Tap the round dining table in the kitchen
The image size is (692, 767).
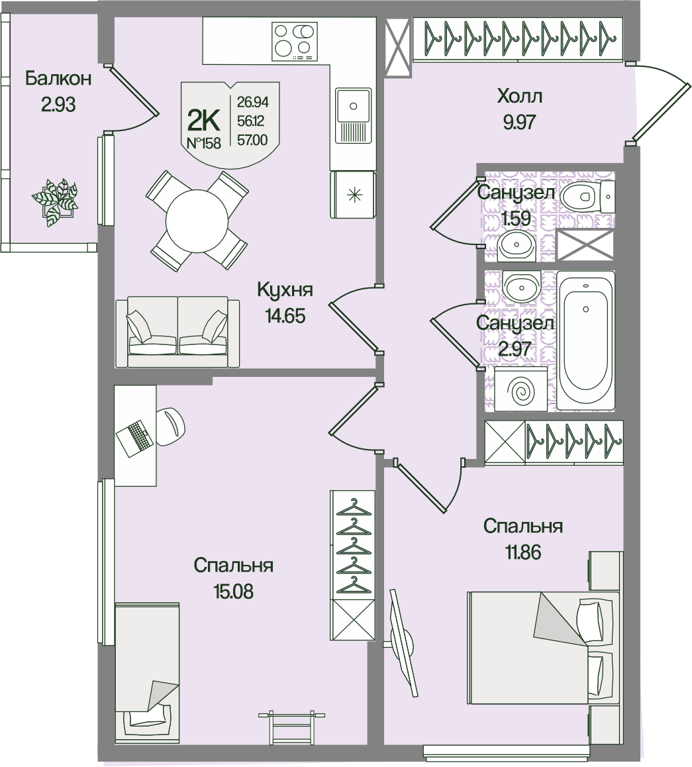coord(196,220)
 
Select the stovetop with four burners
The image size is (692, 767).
coord(293,40)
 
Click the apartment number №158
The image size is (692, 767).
coord(203,143)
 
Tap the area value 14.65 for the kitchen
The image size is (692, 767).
coord(285,316)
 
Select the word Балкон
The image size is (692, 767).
coord(58,79)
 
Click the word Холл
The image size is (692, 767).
coord(519,97)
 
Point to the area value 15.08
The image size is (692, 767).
coord(233,591)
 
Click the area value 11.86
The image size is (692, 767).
coord(522,552)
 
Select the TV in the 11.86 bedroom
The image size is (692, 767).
coord(403,642)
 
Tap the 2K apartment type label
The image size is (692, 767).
coord(204,120)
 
